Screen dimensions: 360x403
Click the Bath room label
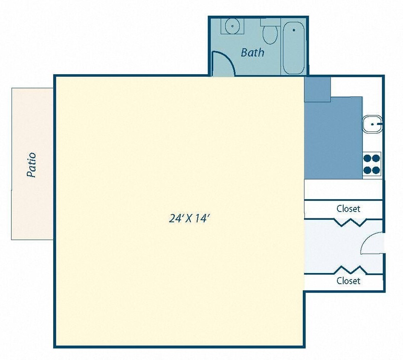(x=252, y=52)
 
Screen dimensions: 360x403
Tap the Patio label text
(x=31, y=165)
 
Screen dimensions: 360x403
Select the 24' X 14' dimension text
(x=190, y=218)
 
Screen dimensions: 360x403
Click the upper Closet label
(x=348, y=209)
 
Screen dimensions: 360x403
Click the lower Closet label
(x=348, y=281)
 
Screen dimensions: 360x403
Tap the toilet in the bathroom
(x=270, y=33)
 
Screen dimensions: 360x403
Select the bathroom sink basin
(x=232, y=26)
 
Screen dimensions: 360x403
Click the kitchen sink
(x=371, y=124)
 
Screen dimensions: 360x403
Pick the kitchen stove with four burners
(x=371, y=164)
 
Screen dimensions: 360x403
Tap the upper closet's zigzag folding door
(x=350, y=222)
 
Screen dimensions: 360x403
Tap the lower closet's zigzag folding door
(x=350, y=270)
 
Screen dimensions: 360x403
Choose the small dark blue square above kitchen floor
(x=317, y=89)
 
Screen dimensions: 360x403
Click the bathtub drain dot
(x=293, y=30)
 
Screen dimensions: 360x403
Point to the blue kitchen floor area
(x=333, y=141)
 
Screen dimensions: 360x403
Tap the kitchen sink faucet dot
(x=373, y=124)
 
